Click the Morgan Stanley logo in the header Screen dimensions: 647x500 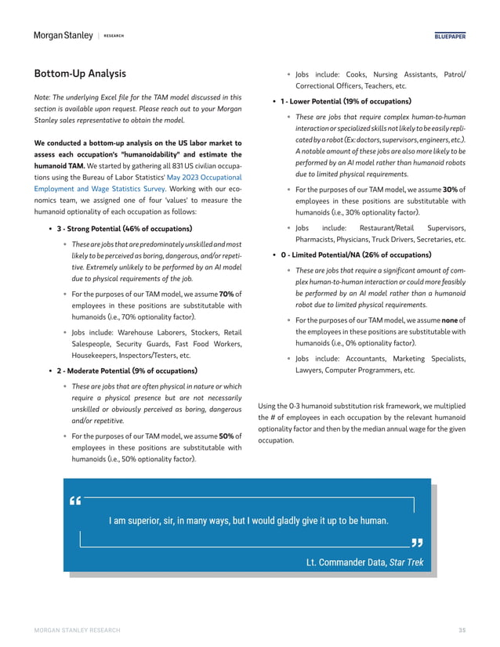[61, 35]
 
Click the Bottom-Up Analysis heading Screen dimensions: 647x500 [79, 74]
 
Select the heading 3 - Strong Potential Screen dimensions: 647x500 [124, 229]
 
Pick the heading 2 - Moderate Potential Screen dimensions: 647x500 [127, 370]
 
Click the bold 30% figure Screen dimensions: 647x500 [450, 189]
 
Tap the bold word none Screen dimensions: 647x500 [450, 320]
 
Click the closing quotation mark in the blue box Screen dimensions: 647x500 [416, 543]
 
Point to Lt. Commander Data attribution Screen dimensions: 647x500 [346, 562]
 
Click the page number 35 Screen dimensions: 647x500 [462, 631]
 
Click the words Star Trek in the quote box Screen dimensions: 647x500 [406, 562]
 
